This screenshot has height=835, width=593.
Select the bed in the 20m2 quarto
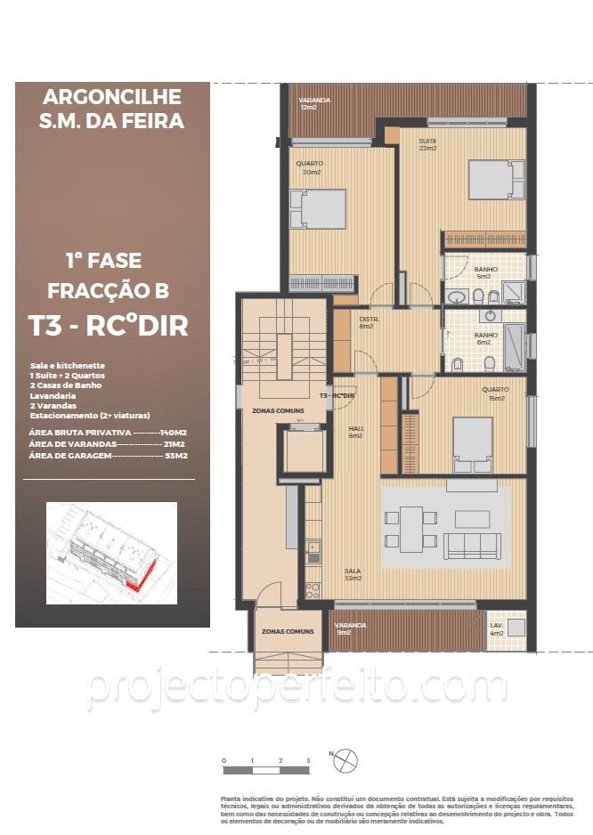click(x=318, y=209)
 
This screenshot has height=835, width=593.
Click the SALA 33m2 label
click(x=353, y=574)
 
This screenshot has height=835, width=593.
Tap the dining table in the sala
click(x=411, y=528)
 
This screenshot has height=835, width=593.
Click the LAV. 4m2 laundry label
click(x=497, y=628)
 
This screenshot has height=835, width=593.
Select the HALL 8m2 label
click(x=355, y=432)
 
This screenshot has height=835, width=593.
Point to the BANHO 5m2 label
click(x=485, y=272)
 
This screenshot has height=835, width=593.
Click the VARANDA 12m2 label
click(x=314, y=104)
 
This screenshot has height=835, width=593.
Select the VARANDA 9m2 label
click(x=350, y=628)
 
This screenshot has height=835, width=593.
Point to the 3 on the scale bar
click(x=308, y=761)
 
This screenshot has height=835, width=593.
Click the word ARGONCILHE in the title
click(x=111, y=96)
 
